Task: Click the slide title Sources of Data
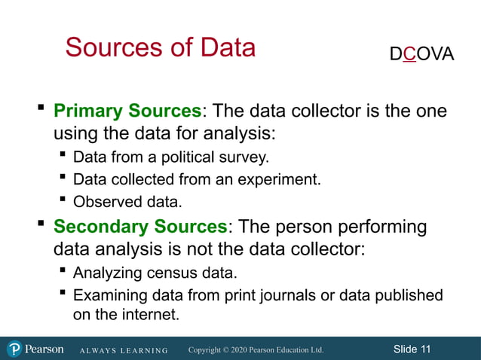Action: tap(161, 47)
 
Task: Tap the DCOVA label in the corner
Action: tap(422, 54)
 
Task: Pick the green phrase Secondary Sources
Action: tap(140, 226)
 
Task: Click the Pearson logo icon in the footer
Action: tap(14, 349)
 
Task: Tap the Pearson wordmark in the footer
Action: tap(44, 349)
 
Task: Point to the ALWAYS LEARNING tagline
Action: tap(124, 350)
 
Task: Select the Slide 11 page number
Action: tap(412, 349)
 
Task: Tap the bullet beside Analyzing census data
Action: tap(63, 271)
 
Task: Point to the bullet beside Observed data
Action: tap(63, 201)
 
